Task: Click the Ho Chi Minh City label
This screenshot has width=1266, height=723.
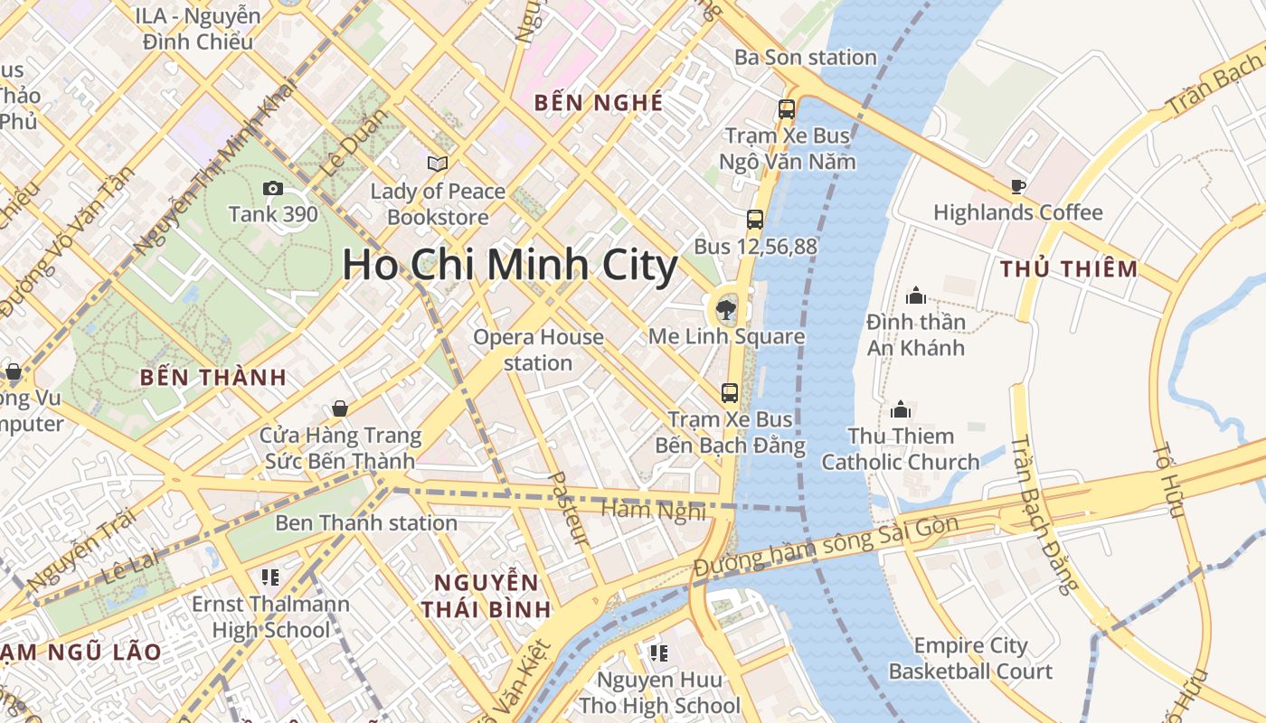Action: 510,266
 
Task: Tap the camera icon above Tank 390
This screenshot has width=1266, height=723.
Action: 272,188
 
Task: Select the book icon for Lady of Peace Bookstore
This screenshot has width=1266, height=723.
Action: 438,164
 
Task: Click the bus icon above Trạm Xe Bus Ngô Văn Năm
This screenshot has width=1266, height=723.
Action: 787,109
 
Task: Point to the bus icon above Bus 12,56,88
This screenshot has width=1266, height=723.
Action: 755,220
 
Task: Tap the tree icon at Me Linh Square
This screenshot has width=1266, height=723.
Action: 725,311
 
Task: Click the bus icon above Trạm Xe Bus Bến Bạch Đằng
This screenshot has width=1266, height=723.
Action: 730,393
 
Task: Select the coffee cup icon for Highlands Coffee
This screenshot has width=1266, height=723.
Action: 1018,187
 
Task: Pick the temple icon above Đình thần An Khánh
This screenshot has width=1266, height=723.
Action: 916,296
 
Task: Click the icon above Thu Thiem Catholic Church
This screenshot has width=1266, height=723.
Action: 901,409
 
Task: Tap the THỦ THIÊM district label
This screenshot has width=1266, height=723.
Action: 1070,268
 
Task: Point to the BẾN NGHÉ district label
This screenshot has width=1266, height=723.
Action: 599,102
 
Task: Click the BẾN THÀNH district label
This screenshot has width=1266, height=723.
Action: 213,378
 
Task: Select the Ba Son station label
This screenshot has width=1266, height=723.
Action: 806,57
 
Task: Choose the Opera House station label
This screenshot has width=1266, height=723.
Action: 539,350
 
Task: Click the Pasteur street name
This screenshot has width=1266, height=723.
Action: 569,508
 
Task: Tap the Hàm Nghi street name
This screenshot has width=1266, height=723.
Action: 653,511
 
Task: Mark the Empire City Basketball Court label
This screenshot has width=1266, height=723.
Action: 970,659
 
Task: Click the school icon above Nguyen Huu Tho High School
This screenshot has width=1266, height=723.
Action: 659,653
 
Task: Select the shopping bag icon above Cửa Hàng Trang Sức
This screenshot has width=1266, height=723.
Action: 340,408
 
